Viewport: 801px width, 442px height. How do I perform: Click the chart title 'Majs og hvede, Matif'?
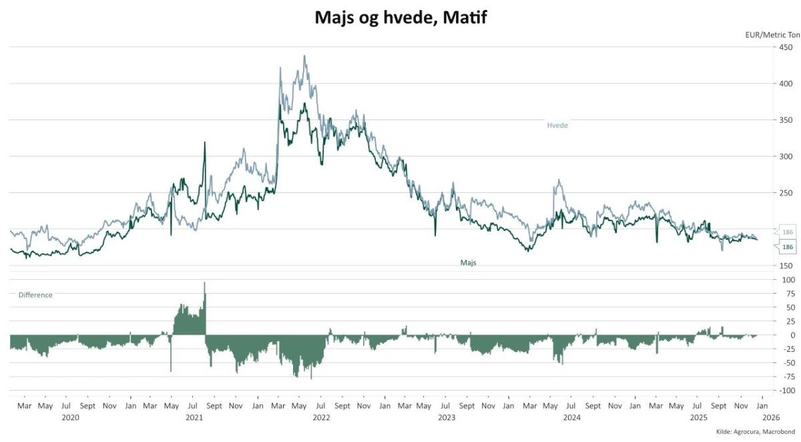(x=400, y=18)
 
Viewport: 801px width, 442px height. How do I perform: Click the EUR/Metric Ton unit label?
(x=772, y=35)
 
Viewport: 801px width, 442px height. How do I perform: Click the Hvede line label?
(x=557, y=126)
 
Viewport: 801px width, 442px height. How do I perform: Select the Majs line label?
(x=468, y=263)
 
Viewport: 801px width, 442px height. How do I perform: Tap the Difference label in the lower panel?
(x=35, y=295)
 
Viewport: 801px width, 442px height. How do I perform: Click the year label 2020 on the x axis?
(x=70, y=418)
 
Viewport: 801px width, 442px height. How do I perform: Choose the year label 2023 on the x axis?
(x=447, y=418)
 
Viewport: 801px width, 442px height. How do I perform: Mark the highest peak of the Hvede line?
(x=304, y=56)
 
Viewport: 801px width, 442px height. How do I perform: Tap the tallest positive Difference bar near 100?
(x=204, y=283)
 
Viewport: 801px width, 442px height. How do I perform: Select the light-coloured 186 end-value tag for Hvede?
(x=788, y=232)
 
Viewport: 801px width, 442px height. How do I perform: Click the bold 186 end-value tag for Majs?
(x=788, y=247)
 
